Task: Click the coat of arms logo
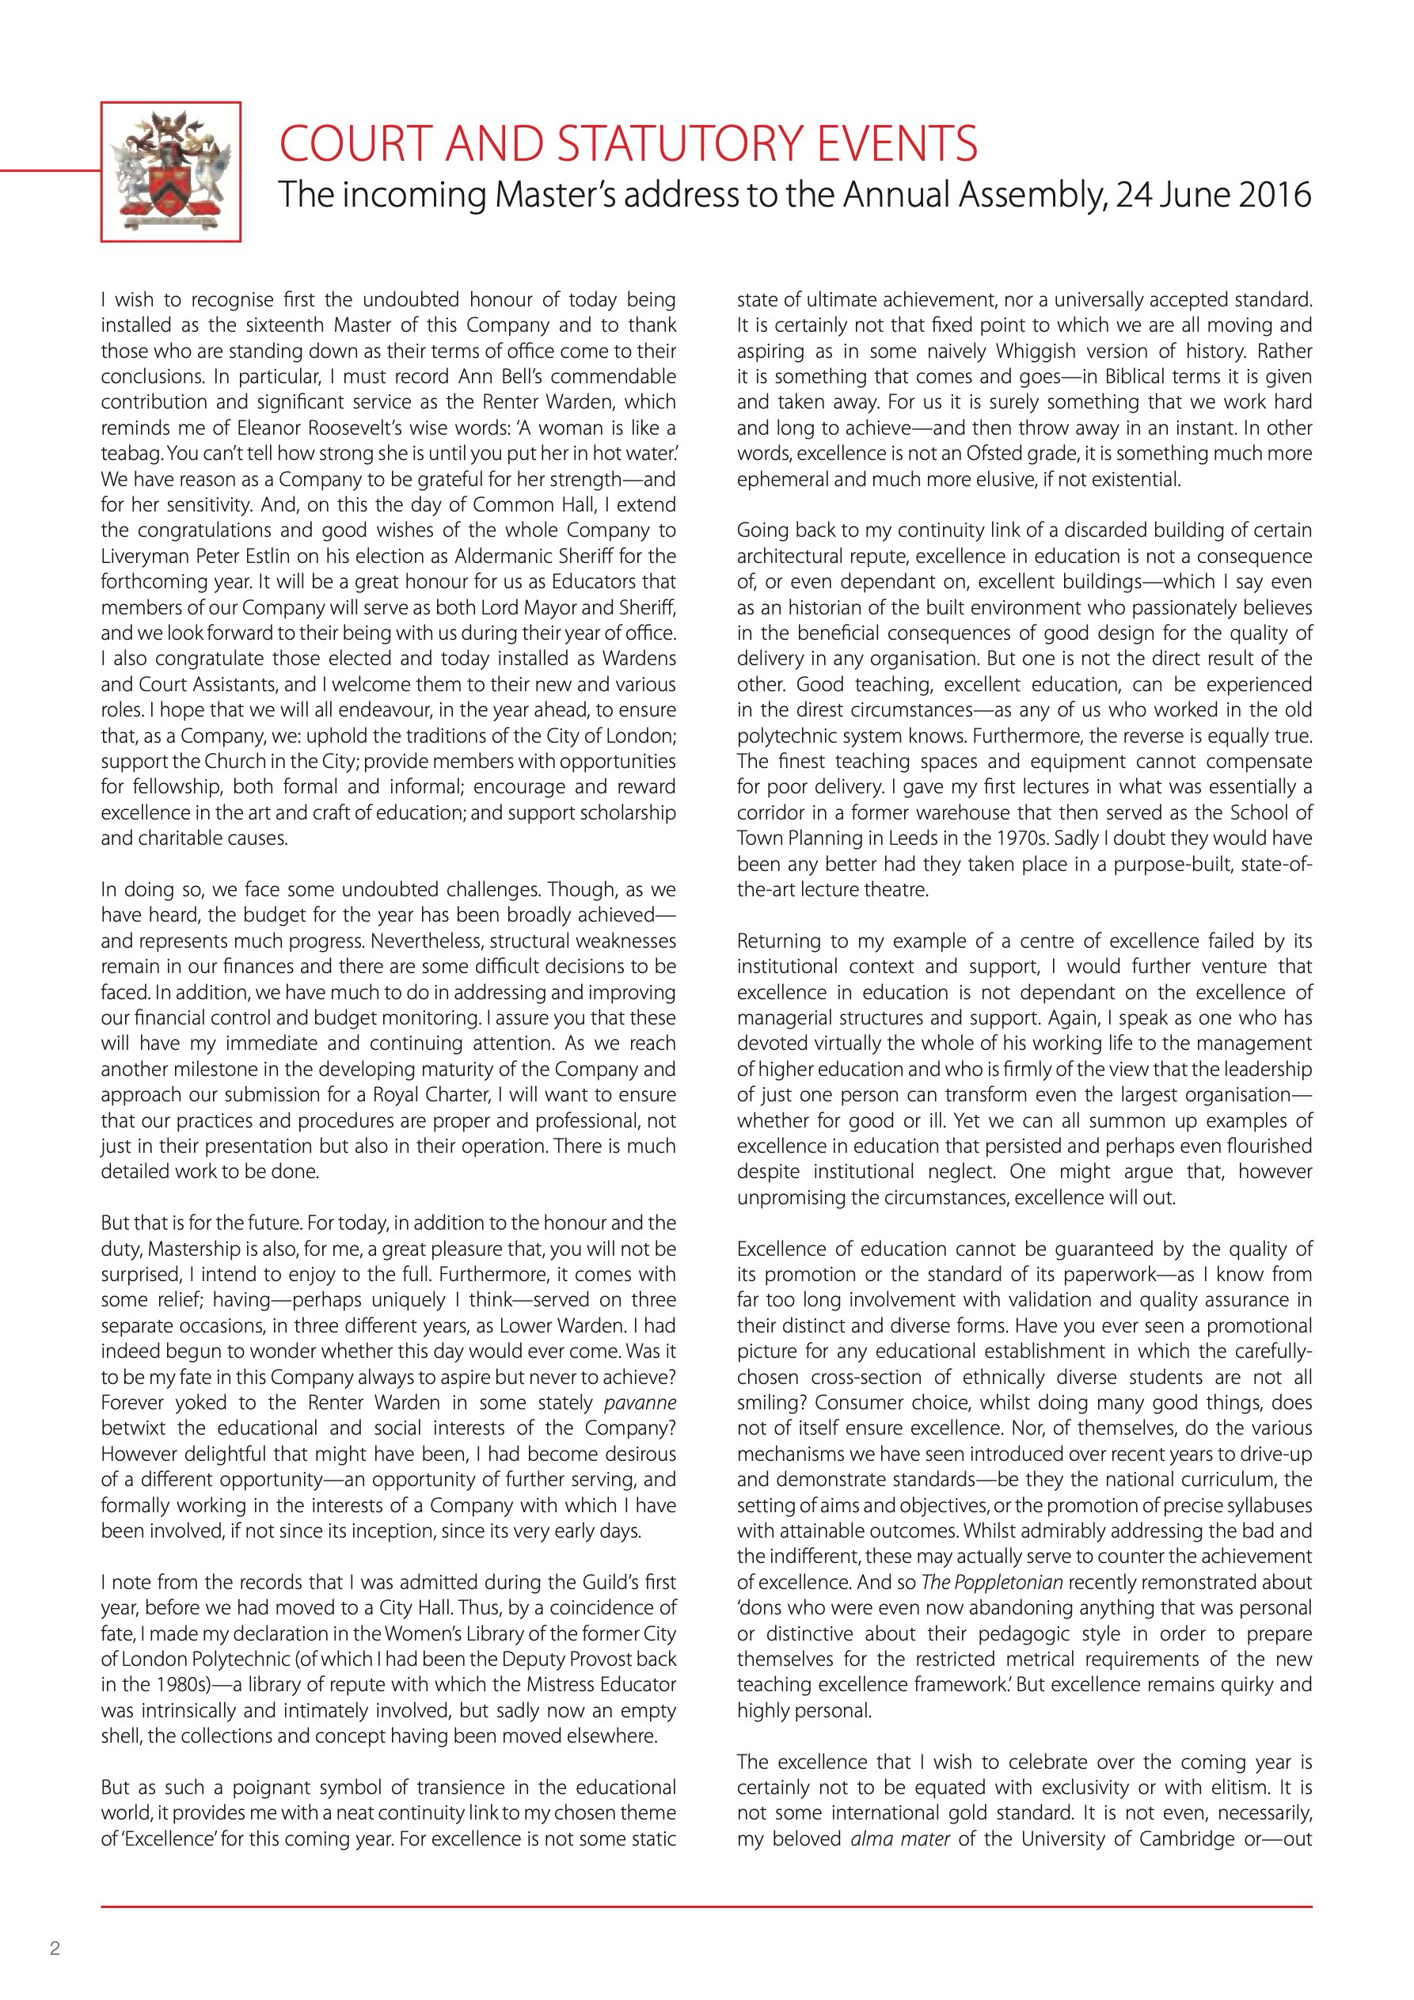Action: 171,172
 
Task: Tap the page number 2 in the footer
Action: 55,1949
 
